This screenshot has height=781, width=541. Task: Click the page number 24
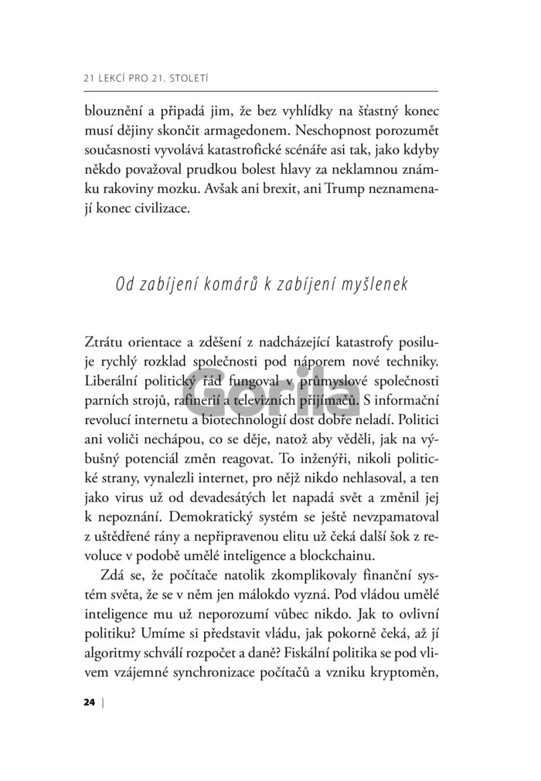coord(87,702)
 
